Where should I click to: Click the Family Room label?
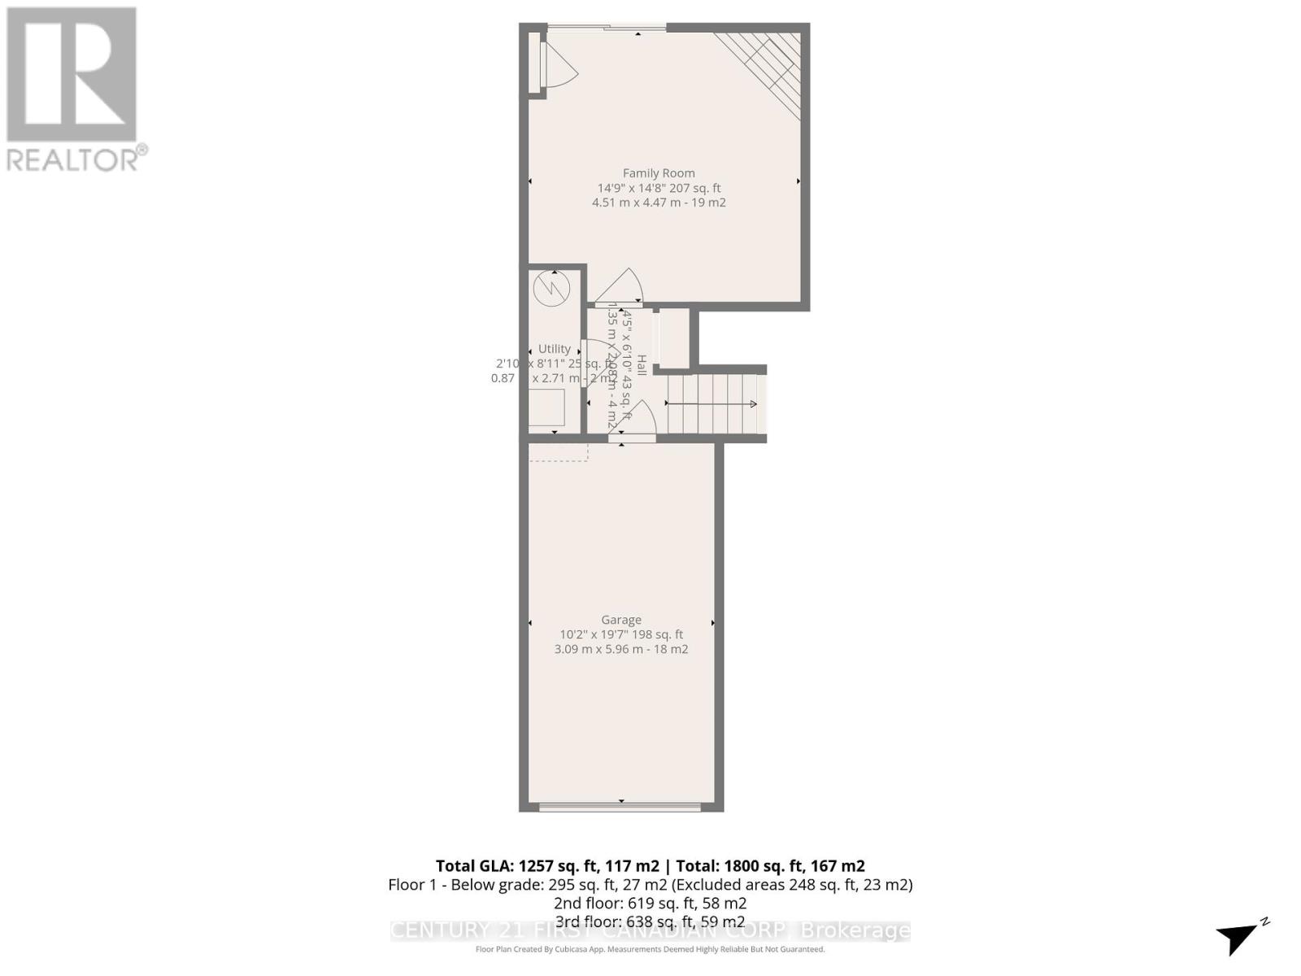click(659, 172)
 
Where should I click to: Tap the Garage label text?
click(621, 620)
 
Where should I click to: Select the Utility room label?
click(555, 349)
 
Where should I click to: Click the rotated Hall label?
click(642, 365)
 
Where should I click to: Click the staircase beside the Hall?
click(712, 404)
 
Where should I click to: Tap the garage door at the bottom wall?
click(620, 807)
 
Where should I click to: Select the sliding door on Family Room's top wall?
click(606, 28)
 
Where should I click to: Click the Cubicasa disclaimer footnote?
click(650, 949)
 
